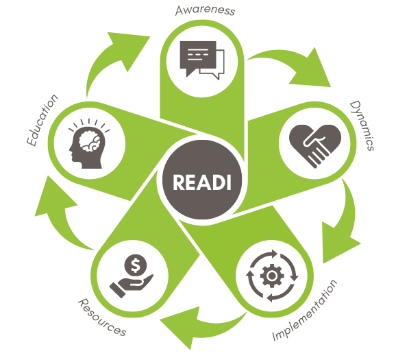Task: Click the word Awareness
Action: pos(205,10)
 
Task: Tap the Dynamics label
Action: pos(362,125)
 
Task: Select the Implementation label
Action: pos(305,311)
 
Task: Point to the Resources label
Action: pos(102,317)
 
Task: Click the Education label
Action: pos(42,120)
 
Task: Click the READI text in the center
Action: pos(202,182)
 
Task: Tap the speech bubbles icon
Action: pos(202,60)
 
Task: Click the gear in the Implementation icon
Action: pos(272,276)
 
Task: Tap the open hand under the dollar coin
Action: pos(132,286)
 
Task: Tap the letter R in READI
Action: pos(178,182)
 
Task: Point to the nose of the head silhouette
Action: pos(70,150)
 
